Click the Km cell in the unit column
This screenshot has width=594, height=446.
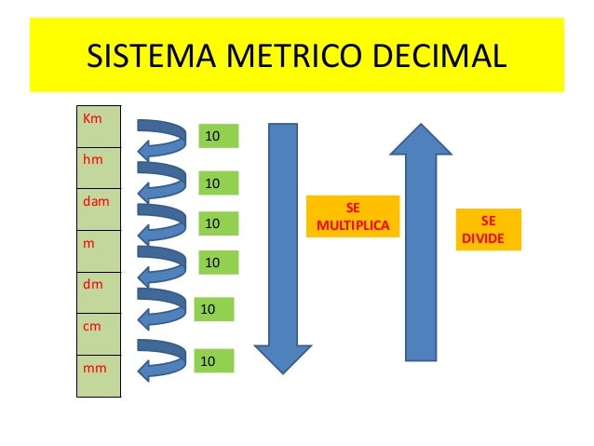(x=99, y=127)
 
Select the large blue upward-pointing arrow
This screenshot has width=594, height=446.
(x=420, y=241)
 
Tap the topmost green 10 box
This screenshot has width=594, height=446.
(x=219, y=137)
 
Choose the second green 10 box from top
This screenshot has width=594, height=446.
(x=219, y=183)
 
